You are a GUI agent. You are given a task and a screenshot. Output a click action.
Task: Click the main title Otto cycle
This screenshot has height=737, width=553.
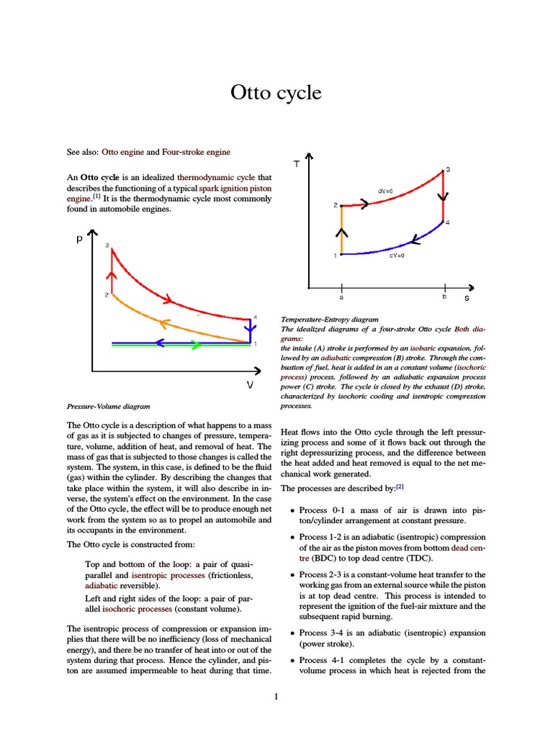coord(276,94)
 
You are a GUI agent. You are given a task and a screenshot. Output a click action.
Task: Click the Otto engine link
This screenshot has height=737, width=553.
coord(122,153)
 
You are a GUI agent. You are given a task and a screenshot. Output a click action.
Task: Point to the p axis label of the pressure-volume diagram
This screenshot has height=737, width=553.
coord(79,240)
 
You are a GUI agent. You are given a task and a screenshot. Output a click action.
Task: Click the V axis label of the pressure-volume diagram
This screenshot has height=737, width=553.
coord(250,385)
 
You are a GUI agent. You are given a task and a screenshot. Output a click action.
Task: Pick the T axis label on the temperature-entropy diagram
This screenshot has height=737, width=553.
coord(296,165)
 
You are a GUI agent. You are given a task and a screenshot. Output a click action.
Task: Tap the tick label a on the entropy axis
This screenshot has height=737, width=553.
coord(341,296)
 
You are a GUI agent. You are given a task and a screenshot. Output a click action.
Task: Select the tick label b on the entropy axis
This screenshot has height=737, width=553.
coord(444,296)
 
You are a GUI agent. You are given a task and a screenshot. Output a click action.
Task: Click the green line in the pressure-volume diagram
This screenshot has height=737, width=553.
coord(180,346)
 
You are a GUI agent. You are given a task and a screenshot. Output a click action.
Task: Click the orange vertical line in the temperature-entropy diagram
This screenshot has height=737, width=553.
coord(341,230)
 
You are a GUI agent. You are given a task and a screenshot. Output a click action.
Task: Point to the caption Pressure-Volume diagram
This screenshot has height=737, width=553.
coord(108,406)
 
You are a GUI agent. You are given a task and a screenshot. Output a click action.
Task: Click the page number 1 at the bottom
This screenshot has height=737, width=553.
coord(276,697)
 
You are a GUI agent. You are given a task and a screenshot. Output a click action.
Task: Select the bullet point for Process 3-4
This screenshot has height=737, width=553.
coord(292,633)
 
